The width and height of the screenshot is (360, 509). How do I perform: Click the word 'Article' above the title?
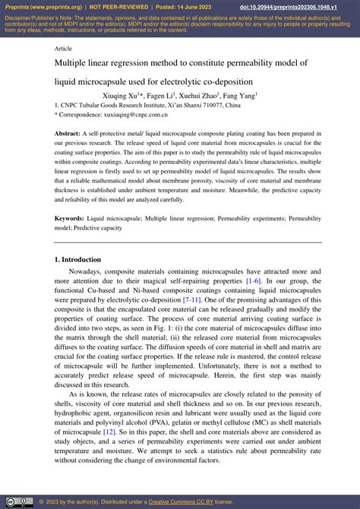point(64,47)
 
